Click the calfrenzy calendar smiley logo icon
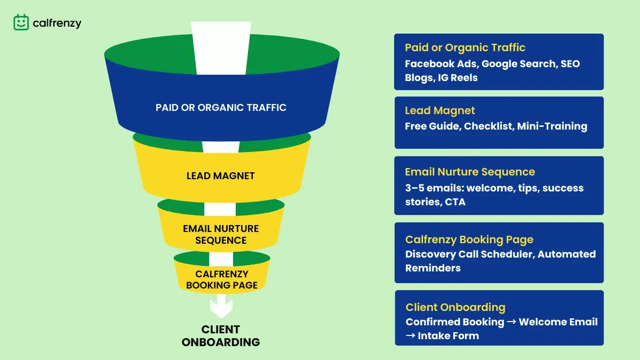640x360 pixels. pyautogui.click(x=21, y=22)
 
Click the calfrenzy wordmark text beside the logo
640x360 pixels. pyautogui.click(x=57, y=23)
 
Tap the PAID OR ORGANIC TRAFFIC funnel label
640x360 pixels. pyautogui.click(x=221, y=107)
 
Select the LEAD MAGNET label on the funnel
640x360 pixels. pyautogui.click(x=221, y=175)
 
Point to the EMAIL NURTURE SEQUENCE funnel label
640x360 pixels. pyautogui.click(x=221, y=234)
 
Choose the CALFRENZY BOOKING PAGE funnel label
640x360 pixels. pyautogui.click(x=222, y=279)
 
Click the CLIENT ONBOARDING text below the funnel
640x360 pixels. pyautogui.click(x=221, y=335)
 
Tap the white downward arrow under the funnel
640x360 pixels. pyautogui.click(x=221, y=306)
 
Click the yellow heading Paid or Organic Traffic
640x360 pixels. pyautogui.click(x=465, y=47)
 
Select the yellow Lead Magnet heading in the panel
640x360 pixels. pyautogui.click(x=440, y=110)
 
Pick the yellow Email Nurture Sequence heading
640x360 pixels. pyautogui.click(x=470, y=172)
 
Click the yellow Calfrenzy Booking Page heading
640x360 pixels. pyautogui.click(x=469, y=239)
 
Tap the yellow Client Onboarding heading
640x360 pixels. pyautogui.click(x=455, y=307)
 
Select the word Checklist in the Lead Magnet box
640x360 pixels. pyautogui.click(x=489, y=126)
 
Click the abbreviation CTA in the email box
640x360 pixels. pyautogui.click(x=455, y=202)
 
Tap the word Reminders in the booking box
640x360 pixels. pyautogui.click(x=433, y=268)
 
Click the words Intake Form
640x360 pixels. pyautogui.click(x=449, y=335)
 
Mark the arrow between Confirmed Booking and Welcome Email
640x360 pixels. pyautogui.click(x=511, y=322)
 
